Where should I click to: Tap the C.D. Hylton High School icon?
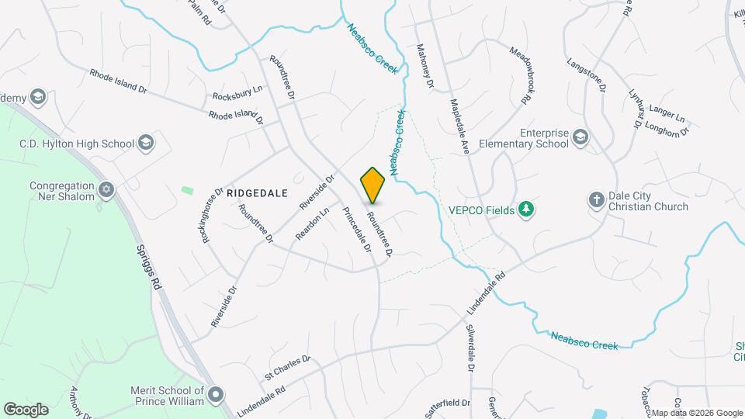click(145, 142)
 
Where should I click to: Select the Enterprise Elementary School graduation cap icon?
click(580, 138)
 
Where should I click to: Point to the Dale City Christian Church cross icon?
click(596, 200)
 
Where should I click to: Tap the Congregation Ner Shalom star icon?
click(106, 189)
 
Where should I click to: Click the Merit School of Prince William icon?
click(217, 395)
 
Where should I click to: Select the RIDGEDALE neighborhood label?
click(258, 192)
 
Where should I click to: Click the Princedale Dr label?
click(357, 230)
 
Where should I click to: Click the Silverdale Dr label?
click(470, 348)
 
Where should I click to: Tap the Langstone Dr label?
click(587, 74)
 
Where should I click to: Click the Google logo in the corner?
click(26, 410)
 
